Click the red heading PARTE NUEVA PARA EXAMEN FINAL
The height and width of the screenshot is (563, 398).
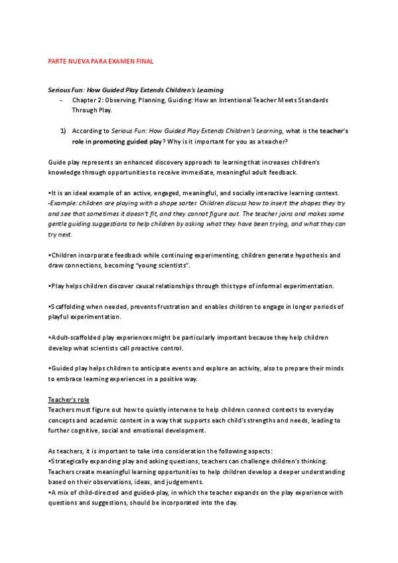click(x=101, y=61)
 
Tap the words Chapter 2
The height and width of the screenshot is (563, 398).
click(x=87, y=100)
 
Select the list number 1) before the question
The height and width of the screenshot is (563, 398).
click(x=63, y=131)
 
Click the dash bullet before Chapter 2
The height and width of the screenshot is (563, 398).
click(x=61, y=100)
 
